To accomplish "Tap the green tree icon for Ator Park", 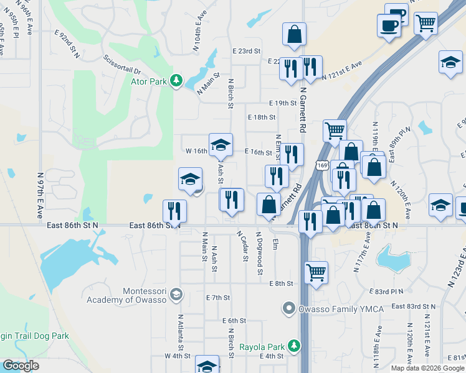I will pyautogui.click(x=177, y=81).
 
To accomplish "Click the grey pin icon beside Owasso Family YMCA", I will pyautogui.click(x=288, y=308).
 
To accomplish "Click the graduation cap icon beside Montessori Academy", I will pyautogui.click(x=177, y=293).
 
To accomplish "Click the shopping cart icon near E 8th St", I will pyautogui.click(x=316, y=272).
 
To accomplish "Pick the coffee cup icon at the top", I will pyautogui.click(x=389, y=25).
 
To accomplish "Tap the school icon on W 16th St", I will pyautogui.click(x=221, y=144).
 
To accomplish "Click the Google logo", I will pyautogui.click(x=20, y=366).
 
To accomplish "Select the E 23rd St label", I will pyautogui.click(x=246, y=51).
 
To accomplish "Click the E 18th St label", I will pyautogui.click(x=261, y=117).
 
